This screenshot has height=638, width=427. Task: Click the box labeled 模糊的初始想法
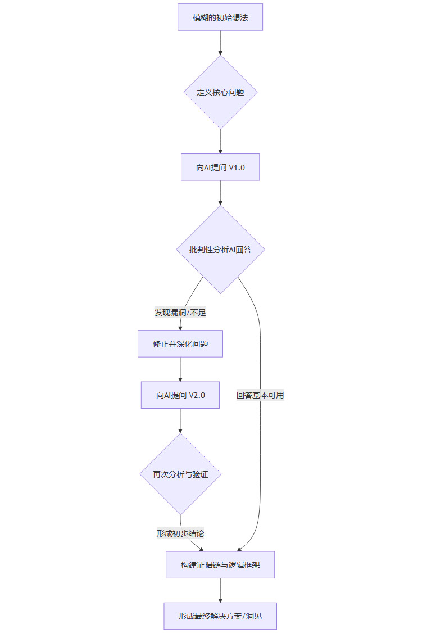(220, 17)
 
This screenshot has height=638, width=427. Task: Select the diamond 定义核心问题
(220, 92)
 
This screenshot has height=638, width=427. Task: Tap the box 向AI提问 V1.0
(220, 168)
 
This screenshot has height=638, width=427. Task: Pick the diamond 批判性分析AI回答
(220, 249)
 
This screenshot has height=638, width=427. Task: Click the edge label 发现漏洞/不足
(180, 313)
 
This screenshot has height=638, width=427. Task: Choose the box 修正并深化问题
(180, 344)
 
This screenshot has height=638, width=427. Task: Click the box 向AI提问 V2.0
(180, 395)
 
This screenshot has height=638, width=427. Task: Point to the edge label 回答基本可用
(260, 395)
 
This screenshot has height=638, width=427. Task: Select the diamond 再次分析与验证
(180, 474)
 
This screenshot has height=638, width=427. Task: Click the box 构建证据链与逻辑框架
(220, 565)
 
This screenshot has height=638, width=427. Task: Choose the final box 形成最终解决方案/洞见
(220, 616)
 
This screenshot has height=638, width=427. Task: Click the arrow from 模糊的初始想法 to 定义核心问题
(220, 42)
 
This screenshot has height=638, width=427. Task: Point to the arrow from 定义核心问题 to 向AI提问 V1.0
(220, 141)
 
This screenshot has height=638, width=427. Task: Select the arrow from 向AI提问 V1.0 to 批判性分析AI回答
(220, 193)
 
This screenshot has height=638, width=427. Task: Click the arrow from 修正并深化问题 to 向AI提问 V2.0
(180, 369)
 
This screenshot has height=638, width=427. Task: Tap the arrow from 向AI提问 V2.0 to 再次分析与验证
(180, 420)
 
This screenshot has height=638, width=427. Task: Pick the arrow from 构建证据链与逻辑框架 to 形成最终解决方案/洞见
(220, 590)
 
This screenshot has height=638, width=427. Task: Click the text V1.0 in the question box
(237, 168)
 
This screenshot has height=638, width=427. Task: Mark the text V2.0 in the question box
(197, 395)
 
